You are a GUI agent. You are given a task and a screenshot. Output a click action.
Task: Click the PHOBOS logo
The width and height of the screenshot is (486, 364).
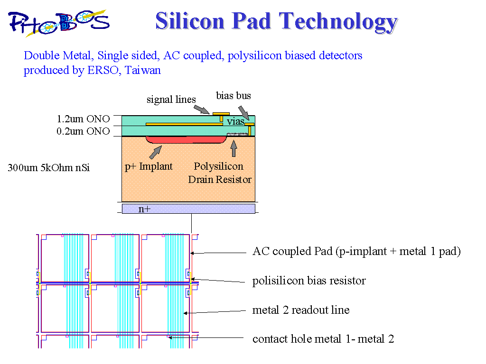click(x=59, y=23)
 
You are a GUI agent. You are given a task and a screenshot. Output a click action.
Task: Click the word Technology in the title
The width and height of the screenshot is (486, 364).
click(x=338, y=22)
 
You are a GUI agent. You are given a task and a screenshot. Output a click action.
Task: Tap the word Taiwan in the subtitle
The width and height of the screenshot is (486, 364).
click(x=143, y=70)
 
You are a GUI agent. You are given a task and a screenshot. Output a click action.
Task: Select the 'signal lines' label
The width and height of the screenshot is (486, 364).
click(x=171, y=100)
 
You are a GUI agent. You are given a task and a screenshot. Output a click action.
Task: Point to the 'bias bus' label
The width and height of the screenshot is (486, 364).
click(x=234, y=95)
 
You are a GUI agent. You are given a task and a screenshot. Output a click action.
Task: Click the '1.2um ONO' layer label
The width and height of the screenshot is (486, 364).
click(x=83, y=119)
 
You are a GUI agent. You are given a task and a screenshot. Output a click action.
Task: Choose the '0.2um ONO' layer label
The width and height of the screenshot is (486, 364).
click(x=83, y=131)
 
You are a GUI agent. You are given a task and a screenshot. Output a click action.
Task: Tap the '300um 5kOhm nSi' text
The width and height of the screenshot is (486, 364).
click(x=49, y=167)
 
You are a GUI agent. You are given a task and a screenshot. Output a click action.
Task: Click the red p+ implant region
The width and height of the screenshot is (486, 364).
click(x=187, y=140)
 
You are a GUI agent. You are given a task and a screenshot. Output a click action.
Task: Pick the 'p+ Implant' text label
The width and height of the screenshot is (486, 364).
click(x=149, y=166)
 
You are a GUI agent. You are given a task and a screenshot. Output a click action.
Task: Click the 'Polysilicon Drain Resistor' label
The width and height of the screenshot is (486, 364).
click(x=219, y=173)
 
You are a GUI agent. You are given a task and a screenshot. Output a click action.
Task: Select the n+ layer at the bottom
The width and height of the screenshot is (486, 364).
click(x=188, y=209)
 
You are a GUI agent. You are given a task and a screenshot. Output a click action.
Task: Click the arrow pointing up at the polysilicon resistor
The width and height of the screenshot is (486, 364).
click(x=234, y=148)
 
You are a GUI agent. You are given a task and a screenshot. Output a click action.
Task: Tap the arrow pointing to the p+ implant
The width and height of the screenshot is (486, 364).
click(x=156, y=152)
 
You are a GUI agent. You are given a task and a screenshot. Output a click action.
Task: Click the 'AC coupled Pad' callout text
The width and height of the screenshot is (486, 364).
click(x=356, y=251)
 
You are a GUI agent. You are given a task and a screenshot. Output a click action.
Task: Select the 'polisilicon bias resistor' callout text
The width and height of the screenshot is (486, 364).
click(x=309, y=281)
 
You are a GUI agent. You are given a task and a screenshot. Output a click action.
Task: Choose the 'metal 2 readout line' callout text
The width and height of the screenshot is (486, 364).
click(x=301, y=310)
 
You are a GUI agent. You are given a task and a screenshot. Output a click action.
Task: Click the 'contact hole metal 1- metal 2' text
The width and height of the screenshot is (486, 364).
click(x=323, y=339)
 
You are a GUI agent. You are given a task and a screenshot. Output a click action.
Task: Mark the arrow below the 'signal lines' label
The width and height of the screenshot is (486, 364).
click(x=202, y=109)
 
